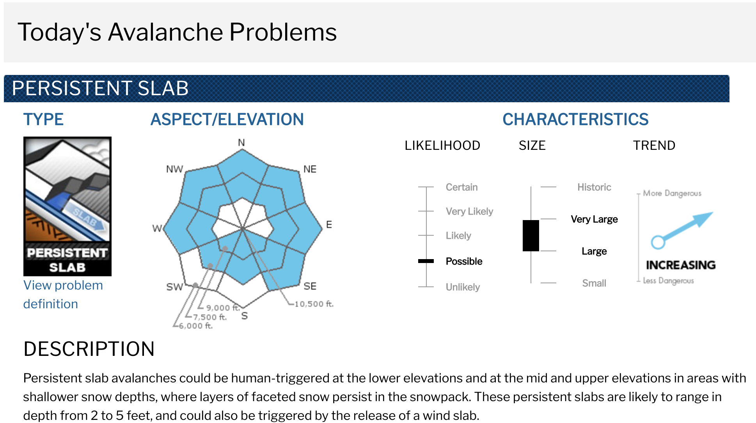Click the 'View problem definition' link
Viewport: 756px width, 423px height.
pyautogui.click(x=63, y=295)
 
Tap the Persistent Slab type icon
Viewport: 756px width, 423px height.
pyautogui.click(x=67, y=206)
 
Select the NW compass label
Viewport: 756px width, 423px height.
pyautogui.click(x=174, y=169)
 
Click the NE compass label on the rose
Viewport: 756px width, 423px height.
pyautogui.click(x=310, y=169)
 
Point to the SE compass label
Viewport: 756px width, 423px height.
pyautogui.click(x=310, y=286)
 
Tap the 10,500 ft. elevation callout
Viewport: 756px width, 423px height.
pyautogui.click(x=314, y=304)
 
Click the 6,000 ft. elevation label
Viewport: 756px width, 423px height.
pyautogui.click(x=196, y=326)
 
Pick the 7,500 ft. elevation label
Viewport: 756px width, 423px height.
pyautogui.click(x=210, y=317)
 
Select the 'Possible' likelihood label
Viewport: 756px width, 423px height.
pyautogui.click(x=464, y=261)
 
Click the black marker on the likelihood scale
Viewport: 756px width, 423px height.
pyautogui.click(x=426, y=261)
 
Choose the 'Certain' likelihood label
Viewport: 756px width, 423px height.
pyautogui.click(x=461, y=187)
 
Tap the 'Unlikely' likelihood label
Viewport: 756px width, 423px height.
pyautogui.click(x=463, y=287)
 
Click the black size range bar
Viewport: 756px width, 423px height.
pyautogui.click(x=531, y=236)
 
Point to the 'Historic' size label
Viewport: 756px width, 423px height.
pyautogui.click(x=594, y=187)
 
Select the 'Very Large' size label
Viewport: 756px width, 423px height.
pyautogui.click(x=594, y=219)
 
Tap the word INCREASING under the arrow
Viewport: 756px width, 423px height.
pyautogui.click(x=681, y=265)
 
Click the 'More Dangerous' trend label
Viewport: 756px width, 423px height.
pyautogui.click(x=672, y=193)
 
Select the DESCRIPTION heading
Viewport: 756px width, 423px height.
pyautogui.click(x=89, y=349)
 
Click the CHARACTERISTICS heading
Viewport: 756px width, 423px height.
pyautogui.click(x=575, y=119)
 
